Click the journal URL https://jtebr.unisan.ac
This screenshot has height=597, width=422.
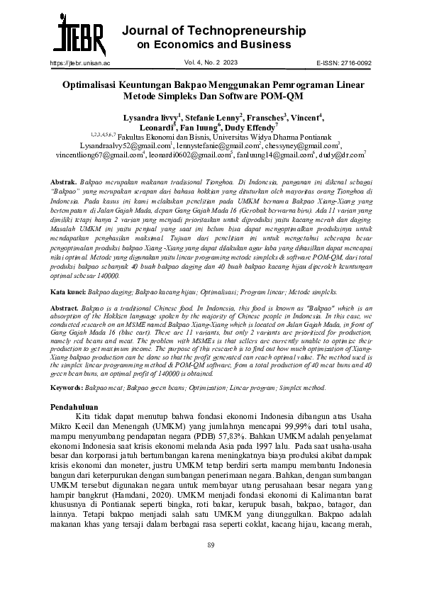click(x=80, y=62)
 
